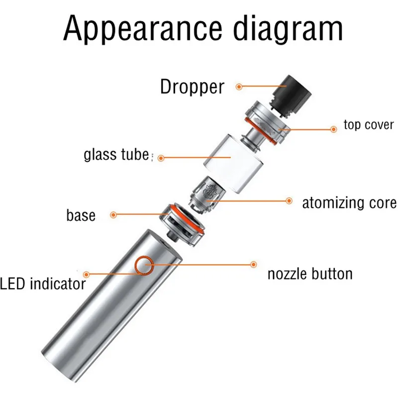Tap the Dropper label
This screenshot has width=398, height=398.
[x=192, y=87]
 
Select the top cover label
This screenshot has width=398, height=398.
[x=369, y=124]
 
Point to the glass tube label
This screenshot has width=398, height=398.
[x=116, y=155]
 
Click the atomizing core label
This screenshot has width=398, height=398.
[x=349, y=202]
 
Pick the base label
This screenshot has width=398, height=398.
[x=81, y=215]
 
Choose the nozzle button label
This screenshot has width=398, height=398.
[x=310, y=273]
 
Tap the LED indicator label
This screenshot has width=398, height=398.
[x=43, y=284]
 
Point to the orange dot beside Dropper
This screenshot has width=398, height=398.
[x=239, y=87]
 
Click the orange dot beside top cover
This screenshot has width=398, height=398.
[x=334, y=129]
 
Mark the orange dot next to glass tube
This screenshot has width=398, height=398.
[x=161, y=158]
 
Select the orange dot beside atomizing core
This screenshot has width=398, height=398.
[x=289, y=200]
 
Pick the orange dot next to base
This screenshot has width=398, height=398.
[x=113, y=215]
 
